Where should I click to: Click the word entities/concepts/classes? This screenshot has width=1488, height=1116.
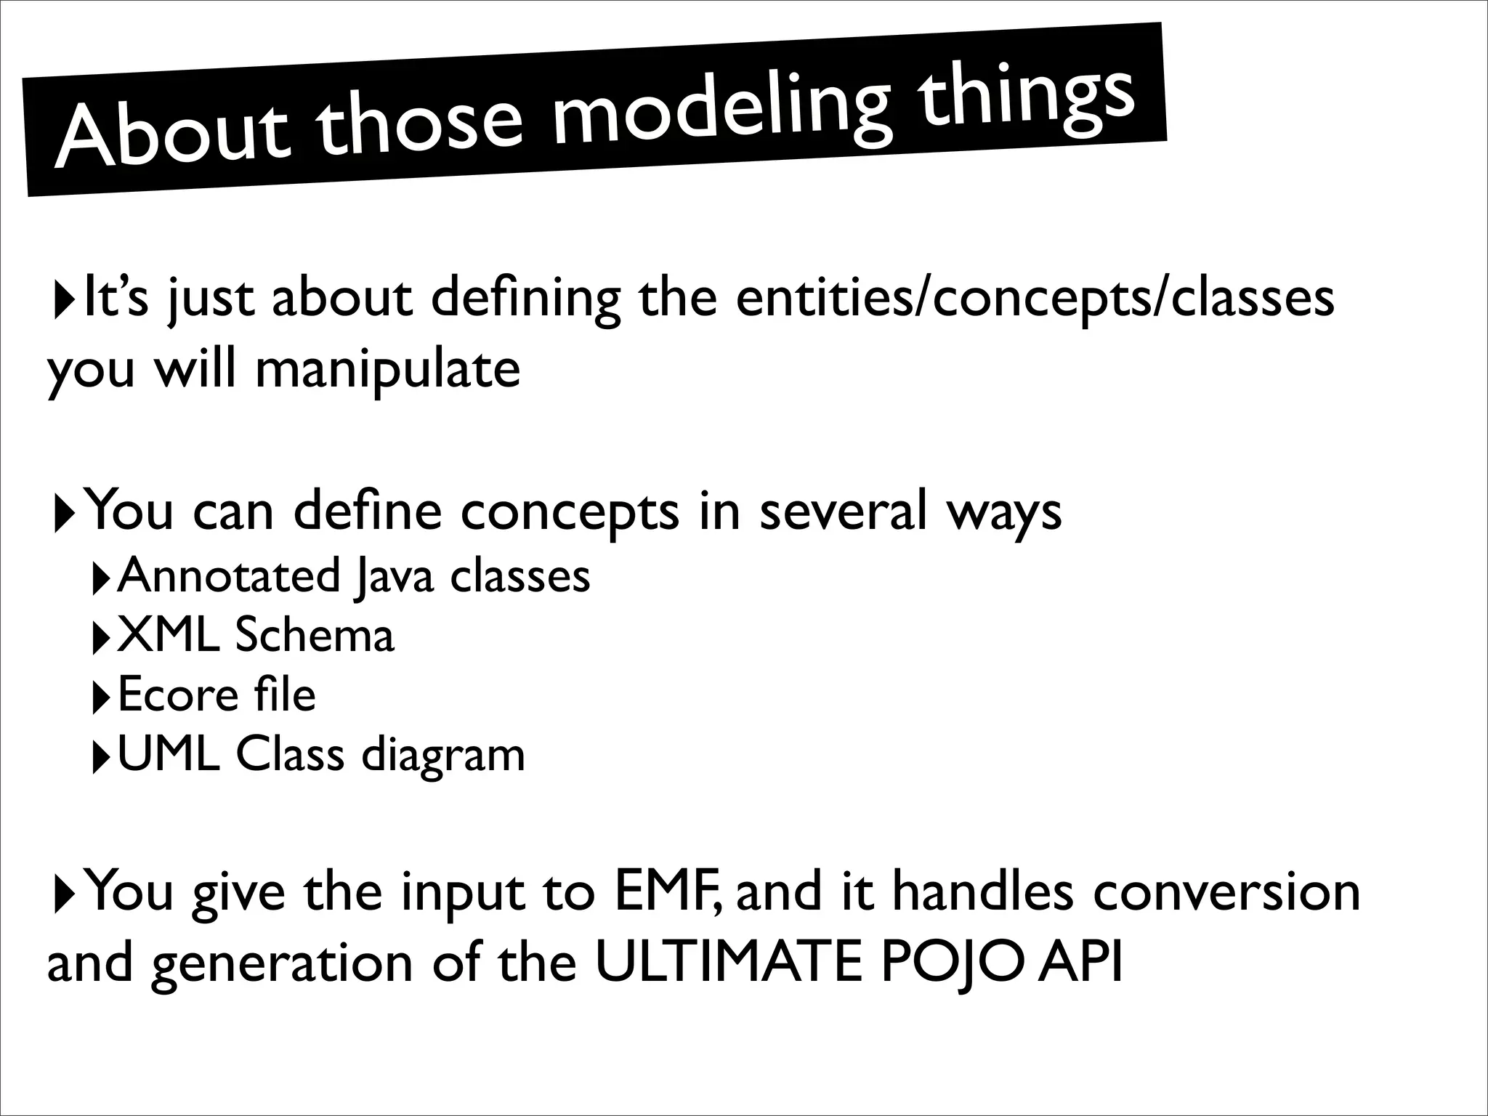pyautogui.click(x=1035, y=299)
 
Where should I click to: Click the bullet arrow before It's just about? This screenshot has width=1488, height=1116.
pyautogui.click(x=63, y=299)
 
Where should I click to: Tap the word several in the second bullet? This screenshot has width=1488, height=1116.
pyautogui.click(x=842, y=511)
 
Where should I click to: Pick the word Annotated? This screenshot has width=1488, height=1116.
pyautogui.click(x=229, y=576)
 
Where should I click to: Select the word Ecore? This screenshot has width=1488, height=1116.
pyautogui.click(x=177, y=695)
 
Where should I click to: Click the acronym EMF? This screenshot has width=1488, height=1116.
pyautogui.click(x=665, y=892)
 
